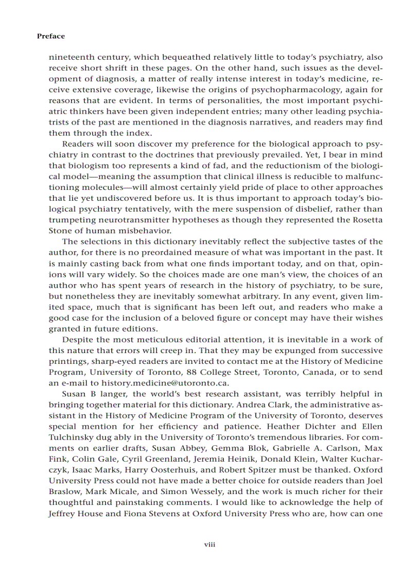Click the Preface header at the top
(x=51, y=36)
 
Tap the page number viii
(x=209, y=544)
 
